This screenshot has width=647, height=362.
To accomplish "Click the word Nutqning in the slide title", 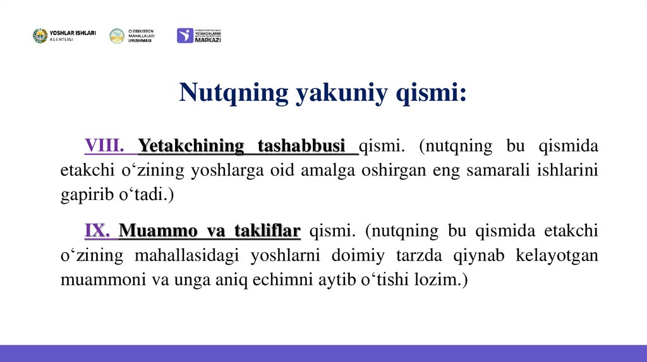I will click(x=233, y=92).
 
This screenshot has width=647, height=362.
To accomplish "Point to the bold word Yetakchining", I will click(x=191, y=146).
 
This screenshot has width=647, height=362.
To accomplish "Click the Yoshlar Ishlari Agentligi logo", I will click(x=64, y=36).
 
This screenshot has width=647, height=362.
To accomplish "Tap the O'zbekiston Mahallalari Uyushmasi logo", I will click(x=131, y=36).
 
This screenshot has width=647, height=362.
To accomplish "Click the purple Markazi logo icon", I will click(x=184, y=36).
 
